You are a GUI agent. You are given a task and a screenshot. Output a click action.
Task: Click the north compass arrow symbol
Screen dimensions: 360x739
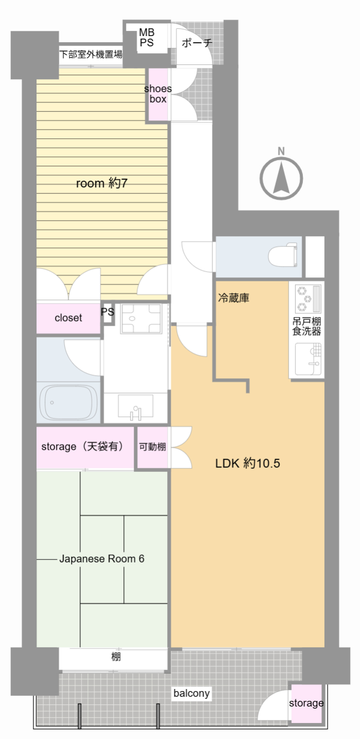(281, 179)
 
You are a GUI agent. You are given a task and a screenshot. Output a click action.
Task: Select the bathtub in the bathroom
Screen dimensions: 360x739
(68, 402)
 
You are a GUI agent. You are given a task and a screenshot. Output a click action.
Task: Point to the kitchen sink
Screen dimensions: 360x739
(308, 359)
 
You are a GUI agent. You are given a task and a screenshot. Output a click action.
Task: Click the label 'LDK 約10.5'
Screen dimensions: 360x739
(247, 463)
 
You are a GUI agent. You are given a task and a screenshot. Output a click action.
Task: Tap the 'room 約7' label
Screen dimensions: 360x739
(101, 183)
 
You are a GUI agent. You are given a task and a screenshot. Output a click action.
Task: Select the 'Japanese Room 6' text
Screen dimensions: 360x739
(102, 558)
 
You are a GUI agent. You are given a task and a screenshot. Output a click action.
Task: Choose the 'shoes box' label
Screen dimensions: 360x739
(158, 94)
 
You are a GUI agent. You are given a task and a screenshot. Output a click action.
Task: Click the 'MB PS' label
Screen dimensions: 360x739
(147, 38)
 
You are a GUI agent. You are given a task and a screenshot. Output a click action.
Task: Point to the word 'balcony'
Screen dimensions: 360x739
(191, 693)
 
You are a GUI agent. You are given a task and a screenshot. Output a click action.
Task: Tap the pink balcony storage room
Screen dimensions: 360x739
(307, 703)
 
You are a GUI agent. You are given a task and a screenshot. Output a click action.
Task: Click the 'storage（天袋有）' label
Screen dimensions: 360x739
(82, 446)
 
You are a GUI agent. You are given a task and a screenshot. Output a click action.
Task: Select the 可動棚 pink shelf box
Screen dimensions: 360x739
(153, 447)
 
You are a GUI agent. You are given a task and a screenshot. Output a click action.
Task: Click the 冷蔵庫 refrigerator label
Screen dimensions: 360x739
(233, 298)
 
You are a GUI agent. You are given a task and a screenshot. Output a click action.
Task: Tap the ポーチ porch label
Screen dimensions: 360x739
(197, 43)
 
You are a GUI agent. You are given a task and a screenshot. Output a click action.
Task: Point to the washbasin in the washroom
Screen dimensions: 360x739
(136, 407)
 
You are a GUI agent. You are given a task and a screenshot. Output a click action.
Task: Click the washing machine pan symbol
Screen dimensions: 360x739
(141, 319)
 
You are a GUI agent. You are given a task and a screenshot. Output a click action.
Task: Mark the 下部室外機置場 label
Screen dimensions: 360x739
(91, 54)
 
